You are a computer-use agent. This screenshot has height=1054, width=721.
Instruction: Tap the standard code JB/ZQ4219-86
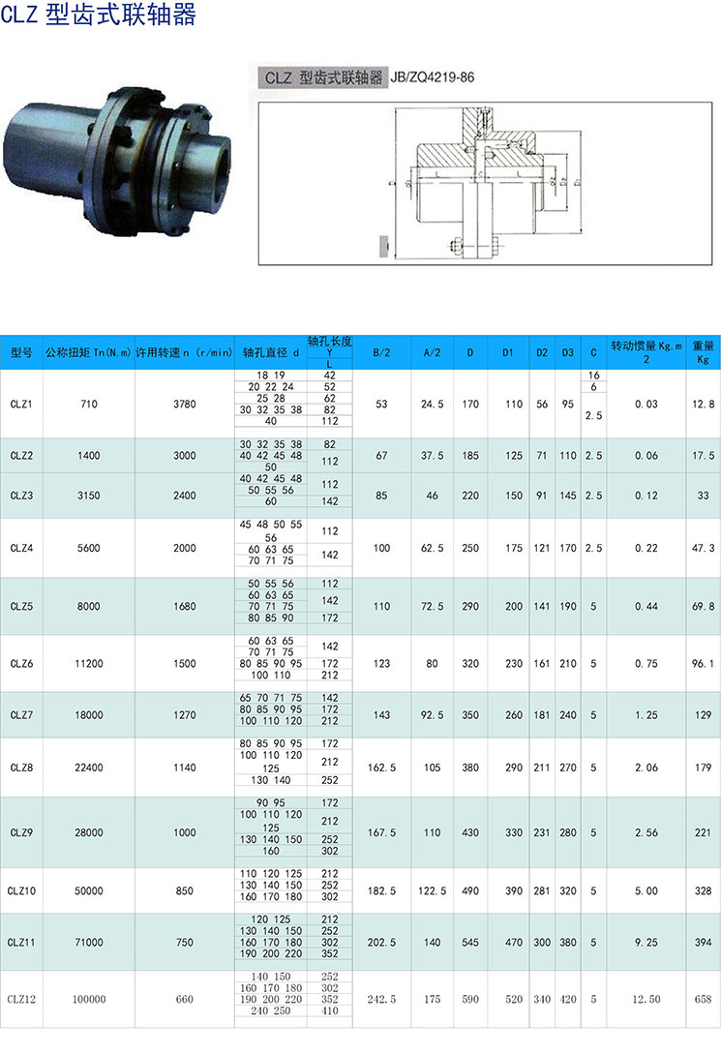click(x=432, y=78)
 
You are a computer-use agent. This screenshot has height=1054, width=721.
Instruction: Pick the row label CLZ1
click(x=21, y=404)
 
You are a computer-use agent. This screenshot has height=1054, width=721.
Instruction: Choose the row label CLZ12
click(x=21, y=1000)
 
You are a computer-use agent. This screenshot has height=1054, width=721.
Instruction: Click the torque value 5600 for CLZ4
click(x=89, y=548)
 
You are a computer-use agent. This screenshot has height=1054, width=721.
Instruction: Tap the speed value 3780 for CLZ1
click(x=184, y=404)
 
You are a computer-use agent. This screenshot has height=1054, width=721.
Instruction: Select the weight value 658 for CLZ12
click(x=704, y=1000)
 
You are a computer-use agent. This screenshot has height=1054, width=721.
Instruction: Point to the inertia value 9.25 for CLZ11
click(x=646, y=942)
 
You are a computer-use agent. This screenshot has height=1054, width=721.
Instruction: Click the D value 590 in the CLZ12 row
click(x=469, y=1000)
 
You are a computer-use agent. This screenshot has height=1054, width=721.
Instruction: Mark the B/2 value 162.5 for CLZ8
click(x=381, y=768)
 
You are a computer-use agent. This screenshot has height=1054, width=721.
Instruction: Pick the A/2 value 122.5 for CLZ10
click(x=432, y=890)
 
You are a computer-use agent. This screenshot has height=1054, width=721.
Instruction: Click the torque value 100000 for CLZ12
click(x=89, y=1000)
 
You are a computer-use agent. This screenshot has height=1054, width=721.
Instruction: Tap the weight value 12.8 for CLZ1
click(x=704, y=404)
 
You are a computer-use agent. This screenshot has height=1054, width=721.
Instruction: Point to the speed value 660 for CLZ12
click(x=184, y=1000)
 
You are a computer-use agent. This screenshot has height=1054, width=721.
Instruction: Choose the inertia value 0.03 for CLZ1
click(x=646, y=404)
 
